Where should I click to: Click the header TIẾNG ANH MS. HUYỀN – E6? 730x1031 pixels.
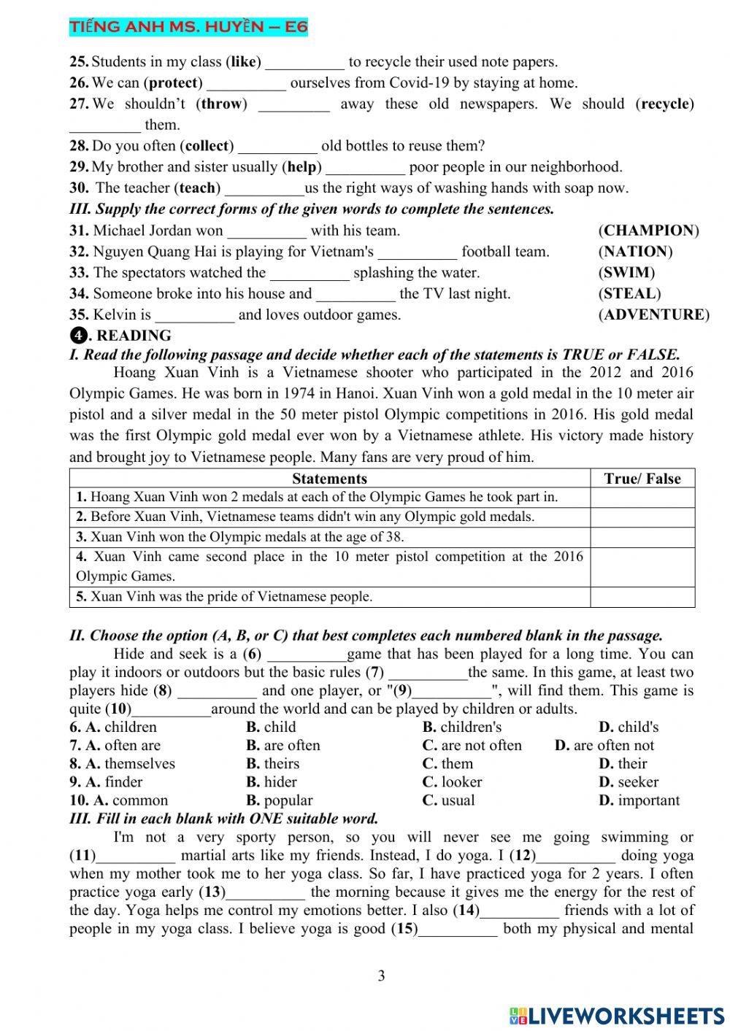[188, 28]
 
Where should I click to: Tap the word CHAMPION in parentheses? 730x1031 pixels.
[648, 231]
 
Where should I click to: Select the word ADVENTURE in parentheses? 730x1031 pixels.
[653, 314]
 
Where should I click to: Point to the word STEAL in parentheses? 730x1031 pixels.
[629, 293]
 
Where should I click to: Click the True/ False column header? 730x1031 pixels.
[642, 479]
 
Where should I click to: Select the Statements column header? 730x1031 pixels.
[329, 479]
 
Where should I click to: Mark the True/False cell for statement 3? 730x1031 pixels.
[642, 537]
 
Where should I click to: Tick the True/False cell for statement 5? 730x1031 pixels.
[642, 597]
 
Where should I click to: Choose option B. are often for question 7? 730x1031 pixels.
[283, 745]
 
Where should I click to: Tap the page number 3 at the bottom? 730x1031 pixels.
[381, 976]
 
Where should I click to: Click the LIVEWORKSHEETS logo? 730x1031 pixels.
[617, 1015]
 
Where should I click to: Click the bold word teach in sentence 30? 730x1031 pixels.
[197, 188]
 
